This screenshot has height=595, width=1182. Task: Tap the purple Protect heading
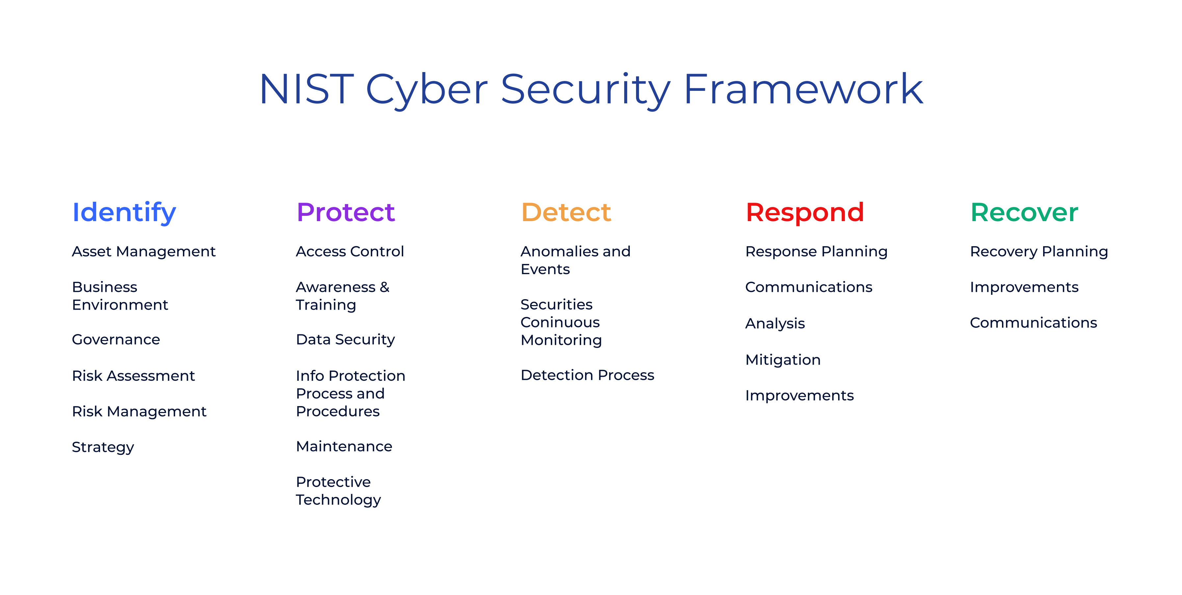coord(346,212)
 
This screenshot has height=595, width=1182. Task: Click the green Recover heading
coord(1024,212)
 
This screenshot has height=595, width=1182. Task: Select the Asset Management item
coord(143,252)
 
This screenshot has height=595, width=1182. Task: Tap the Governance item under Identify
coord(116,340)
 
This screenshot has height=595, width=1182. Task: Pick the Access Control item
coord(350,251)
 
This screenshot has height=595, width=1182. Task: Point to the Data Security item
coord(346,340)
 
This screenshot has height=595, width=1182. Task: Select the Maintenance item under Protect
coord(344,446)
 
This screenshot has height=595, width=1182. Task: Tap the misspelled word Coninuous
coord(560,323)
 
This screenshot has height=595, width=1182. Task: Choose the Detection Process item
coord(587,375)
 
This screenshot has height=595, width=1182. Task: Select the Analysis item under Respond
coord(775,324)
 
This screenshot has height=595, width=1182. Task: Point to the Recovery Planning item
coord(1039,252)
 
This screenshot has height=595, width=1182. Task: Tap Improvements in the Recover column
coord(1024,288)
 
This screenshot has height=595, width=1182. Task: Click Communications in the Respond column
coord(809,287)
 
